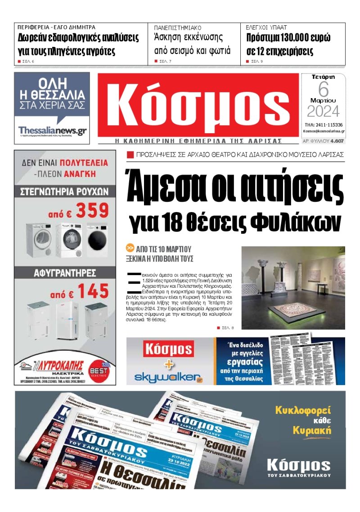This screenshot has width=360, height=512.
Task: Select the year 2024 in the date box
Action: [x=324, y=111]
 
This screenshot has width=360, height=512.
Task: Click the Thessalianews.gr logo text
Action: [x=52, y=130]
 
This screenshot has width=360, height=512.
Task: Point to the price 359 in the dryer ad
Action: [x=92, y=210]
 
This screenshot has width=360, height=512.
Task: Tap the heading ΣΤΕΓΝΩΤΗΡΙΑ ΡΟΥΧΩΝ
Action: [x=65, y=191]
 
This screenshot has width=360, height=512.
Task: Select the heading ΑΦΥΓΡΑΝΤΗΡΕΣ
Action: [x=65, y=272]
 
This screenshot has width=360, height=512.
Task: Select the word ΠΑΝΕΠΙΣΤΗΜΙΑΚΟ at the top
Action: [x=178, y=27]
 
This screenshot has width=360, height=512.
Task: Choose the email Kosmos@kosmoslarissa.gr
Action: [x=324, y=131]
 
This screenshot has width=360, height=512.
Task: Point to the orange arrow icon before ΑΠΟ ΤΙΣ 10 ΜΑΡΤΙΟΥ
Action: [x=130, y=248]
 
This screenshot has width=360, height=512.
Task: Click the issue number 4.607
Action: [x=337, y=141]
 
